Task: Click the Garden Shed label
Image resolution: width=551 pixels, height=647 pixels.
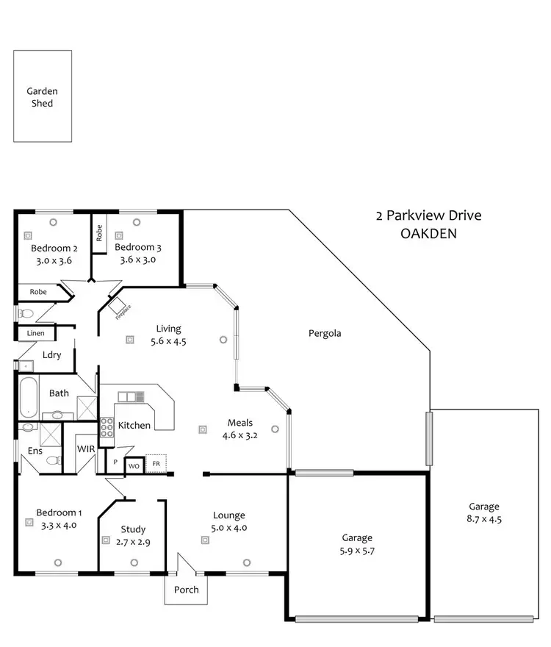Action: (42, 97)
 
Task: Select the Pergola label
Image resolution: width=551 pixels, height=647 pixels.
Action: (324, 333)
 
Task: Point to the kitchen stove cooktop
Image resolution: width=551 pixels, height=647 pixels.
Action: (107, 426)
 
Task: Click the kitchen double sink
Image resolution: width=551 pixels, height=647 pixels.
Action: (132, 397)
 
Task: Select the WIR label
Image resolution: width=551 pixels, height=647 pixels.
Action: (86, 449)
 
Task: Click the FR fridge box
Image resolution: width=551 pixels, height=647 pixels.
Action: (156, 465)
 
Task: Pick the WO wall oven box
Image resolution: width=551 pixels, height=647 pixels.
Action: (134, 466)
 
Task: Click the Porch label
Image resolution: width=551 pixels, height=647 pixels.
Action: (186, 590)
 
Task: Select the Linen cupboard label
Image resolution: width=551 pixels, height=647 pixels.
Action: (35, 333)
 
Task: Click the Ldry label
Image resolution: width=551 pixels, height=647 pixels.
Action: (51, 355)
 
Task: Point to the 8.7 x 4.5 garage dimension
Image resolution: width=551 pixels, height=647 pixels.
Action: (484, 518)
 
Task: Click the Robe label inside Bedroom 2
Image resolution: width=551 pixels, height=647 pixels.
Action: (38, 292)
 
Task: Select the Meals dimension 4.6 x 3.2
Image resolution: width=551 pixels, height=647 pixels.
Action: (240, 435)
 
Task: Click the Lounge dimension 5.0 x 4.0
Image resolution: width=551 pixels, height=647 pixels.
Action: (229, 527)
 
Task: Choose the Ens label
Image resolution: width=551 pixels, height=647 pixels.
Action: (35, 450)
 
